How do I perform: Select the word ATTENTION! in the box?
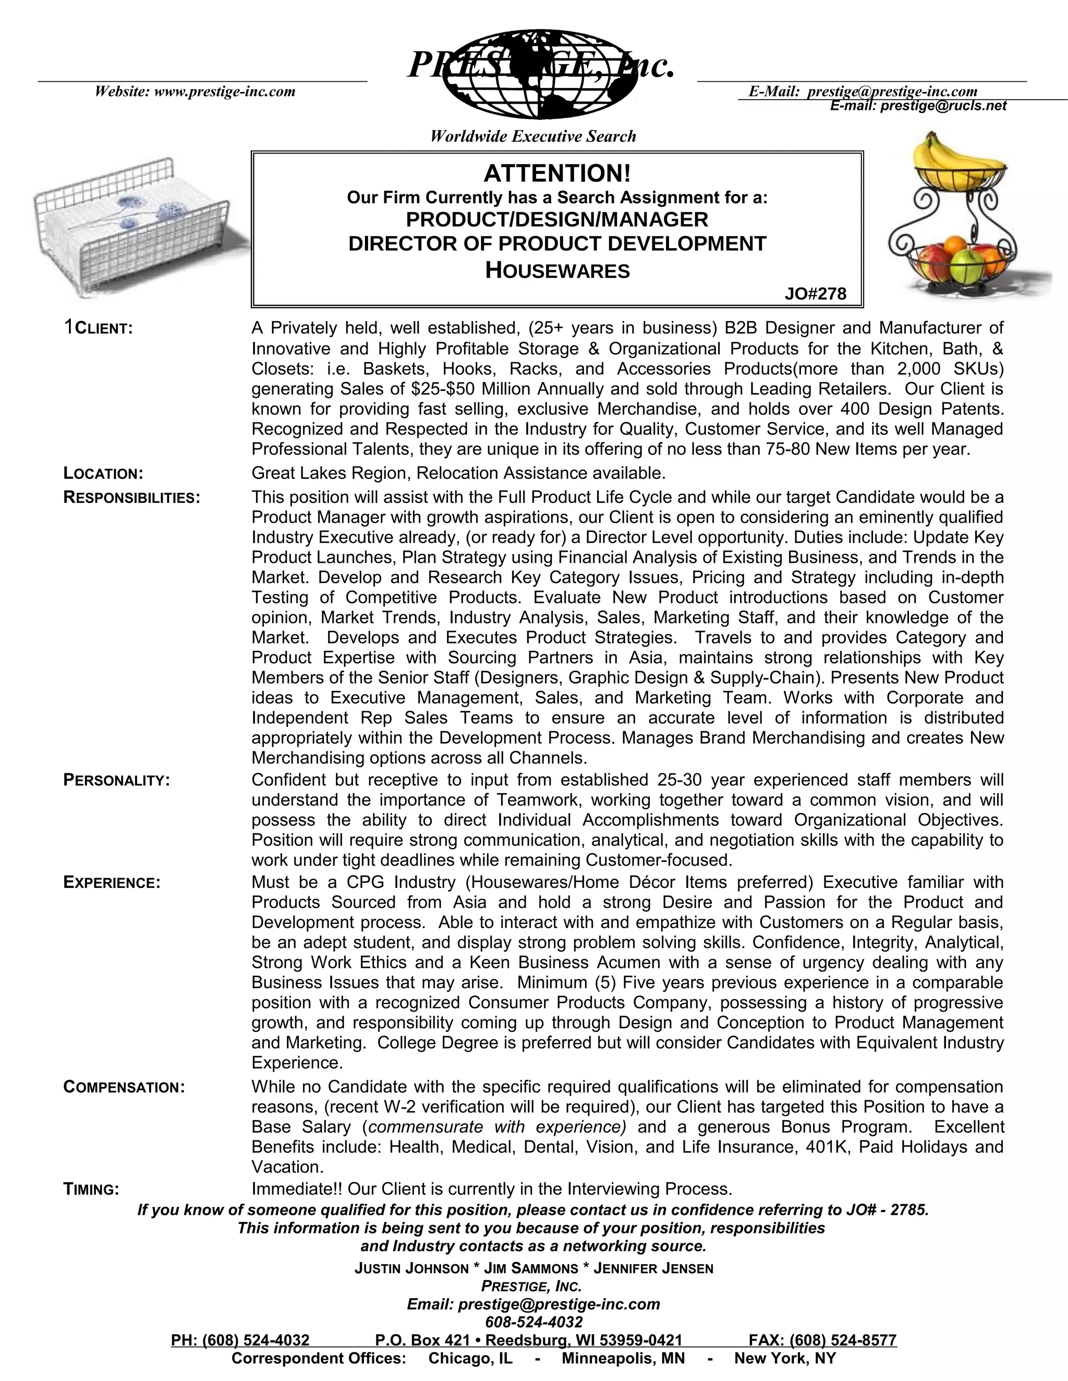click(557, 172)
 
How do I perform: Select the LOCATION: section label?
click(104, 474)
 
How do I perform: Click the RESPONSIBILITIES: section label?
click(131, 498)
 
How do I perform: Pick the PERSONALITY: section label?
click(117, 780)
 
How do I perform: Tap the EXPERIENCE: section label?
click(112, 883)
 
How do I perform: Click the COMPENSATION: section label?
click(124, 1088)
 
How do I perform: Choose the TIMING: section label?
click(92, 1189)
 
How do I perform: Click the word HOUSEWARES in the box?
click(557, 270)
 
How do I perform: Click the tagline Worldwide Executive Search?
click(533, 137)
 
